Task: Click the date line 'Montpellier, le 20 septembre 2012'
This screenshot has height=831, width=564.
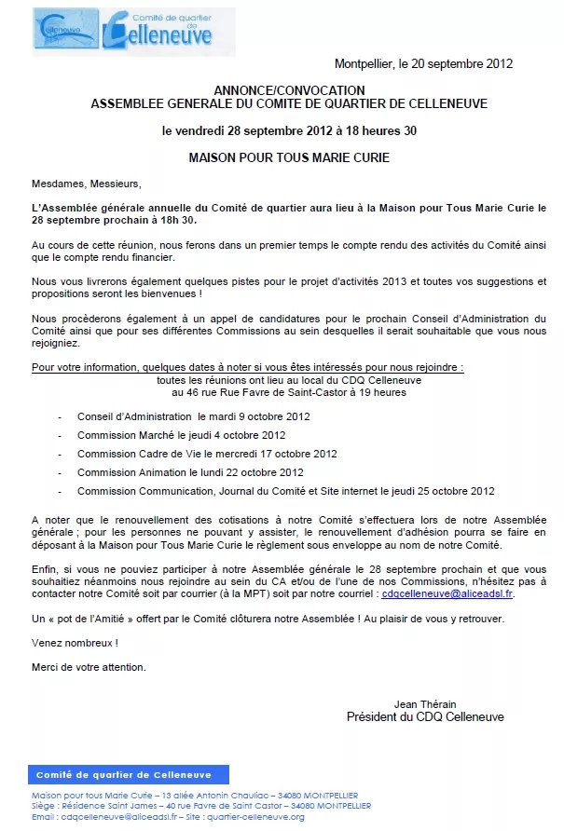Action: [x=423, y=64]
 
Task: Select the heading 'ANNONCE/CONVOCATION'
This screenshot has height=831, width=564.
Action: [x=288, y=91]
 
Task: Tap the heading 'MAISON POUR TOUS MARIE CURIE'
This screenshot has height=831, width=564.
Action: [x=289, y=157]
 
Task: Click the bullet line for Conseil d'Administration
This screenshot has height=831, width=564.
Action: [x=194, y=416]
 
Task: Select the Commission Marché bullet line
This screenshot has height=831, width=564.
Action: [x=181, y=435]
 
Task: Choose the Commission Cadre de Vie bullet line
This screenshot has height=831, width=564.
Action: [x=207, y=454]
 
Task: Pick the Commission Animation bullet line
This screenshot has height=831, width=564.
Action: [x=190, y=472]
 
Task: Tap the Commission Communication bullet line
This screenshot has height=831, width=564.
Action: [x=285, y=491]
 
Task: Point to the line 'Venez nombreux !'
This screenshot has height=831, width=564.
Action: [x=75, y=643]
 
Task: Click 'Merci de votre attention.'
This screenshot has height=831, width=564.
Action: [x=89, y=666]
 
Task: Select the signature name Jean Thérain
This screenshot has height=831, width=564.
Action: [x=425, y=704]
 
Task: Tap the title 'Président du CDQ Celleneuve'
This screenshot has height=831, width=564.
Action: [x=425, y=717]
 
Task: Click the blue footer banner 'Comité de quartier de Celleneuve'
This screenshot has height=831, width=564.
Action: [x=124, y=775]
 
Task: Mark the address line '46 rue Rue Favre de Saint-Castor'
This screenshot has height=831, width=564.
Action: [x=289, y=392]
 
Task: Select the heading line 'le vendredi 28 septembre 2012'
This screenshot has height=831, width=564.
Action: [x=289, y=130]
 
